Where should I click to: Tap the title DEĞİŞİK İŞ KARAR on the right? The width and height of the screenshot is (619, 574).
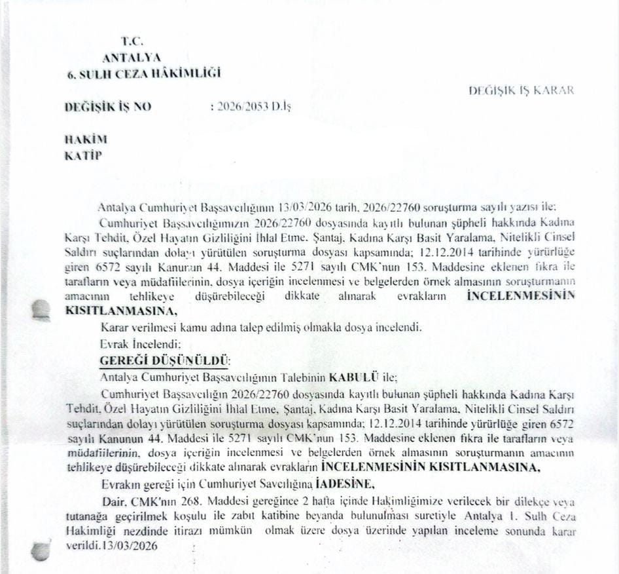522,90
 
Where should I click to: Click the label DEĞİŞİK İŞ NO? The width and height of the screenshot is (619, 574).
108,107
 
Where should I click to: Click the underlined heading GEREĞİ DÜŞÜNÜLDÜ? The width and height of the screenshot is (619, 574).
164,360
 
